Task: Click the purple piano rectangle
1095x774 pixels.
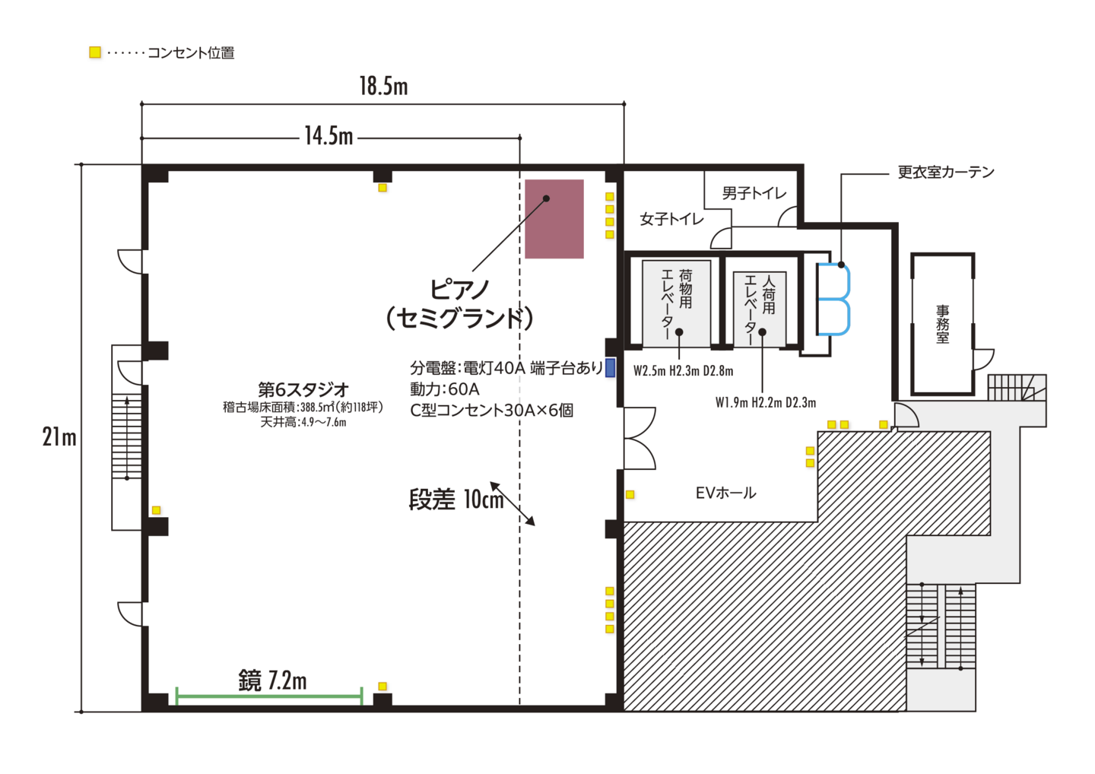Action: pyautogui.click(x=554, y=218)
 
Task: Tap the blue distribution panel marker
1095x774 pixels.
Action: pyautogui.click(x=610, y=367)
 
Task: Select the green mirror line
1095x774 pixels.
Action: pyautogui.click(x=269, y=696)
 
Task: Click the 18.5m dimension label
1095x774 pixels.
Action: pyautogui.click(x=384, y=86)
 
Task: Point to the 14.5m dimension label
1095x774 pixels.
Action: pyautogui.click(x=328, y=136)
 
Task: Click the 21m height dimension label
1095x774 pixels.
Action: pyautogui.click(x=59, y=436)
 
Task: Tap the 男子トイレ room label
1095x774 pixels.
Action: pyautogui.click(x=754, y=193)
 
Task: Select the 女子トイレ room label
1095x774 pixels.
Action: pyautogui.click(x=671, y=219)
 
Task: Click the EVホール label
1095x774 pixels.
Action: pyautogui.click(x=725, y=493)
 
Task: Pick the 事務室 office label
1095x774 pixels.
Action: pyautogui.click(x=942, y=324)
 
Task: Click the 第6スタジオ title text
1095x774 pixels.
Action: pyautogui.click(x=303, y=390)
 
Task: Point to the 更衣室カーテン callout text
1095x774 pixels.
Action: pyautogui.click(x=946, y=172)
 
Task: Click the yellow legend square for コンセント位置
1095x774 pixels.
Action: pyautogui.click(x=95, y=52)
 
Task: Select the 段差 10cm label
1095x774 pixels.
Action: pyautogui.click(x=456, y=499)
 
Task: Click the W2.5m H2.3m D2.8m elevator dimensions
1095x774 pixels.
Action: pyautogui.click(x=684, y=371)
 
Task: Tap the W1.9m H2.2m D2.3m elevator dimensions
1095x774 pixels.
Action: pyautogui.click(x=766, y=403)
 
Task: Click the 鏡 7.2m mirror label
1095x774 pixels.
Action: pyautogui.click(x=272, y=680)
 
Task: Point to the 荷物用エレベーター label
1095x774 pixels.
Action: pyautogui.click(x=676, y=303)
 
